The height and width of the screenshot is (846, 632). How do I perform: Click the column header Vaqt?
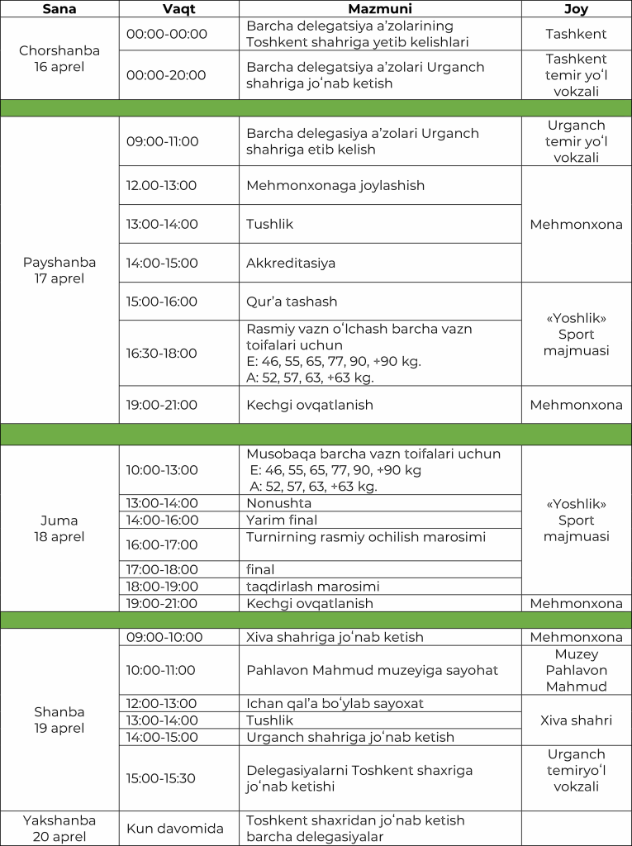coord(178,8)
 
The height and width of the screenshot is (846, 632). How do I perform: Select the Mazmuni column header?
coord(380,8)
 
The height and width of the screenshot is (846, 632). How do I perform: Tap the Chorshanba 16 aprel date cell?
coord(59,59)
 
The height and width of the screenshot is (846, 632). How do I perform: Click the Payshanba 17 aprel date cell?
coord(59,270)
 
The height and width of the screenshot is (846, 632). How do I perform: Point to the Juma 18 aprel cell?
coord(59,529)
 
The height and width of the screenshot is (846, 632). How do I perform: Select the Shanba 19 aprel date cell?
coord(59,720)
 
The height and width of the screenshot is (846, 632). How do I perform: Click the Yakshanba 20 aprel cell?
coord(59,829)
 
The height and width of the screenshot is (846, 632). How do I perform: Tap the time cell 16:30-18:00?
coord(162,353)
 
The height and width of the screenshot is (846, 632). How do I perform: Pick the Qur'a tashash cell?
coord(292,302)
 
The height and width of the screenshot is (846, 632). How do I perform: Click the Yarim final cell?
coord(282,520)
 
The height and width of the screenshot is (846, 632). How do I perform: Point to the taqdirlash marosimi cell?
coord(313,587)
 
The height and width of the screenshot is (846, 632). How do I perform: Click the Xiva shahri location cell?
coord(576,720)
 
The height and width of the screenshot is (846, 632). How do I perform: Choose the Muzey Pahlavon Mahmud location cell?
coord(576,670)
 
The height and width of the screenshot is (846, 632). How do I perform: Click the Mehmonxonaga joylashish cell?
coord(335,185)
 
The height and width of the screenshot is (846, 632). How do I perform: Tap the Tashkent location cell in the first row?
coord(576,34)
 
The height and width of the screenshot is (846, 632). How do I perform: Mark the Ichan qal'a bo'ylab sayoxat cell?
coord(335,703)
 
